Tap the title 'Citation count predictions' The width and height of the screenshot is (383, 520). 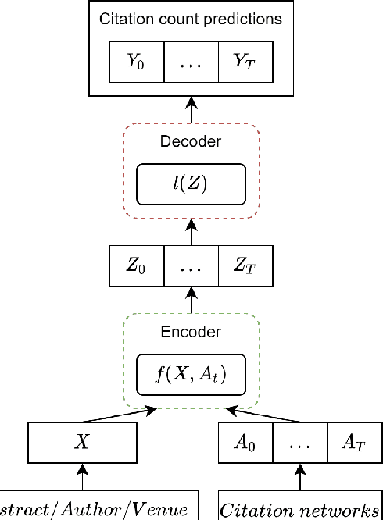click(191, 18)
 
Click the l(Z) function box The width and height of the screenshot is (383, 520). click(191, 183)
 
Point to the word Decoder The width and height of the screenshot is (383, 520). click(191, 142)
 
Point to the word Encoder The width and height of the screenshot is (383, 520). click(191, 332)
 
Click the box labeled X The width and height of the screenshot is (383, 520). click(82, 441)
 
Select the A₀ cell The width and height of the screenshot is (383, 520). click(245, 441)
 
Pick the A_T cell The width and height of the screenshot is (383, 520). click(353, 441)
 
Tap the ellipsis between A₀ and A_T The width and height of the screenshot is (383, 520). click(299, 441)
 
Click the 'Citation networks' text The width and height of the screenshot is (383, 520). click(299, 511)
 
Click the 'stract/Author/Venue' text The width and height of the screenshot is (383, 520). click(94, 511)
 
